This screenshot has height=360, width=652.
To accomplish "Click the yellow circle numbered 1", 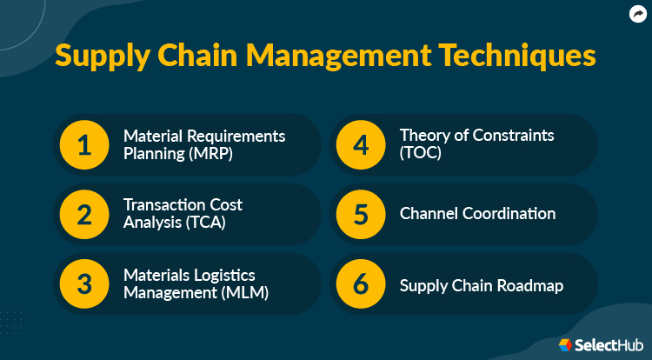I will tap(84, 144).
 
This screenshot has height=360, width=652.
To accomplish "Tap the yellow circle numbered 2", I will tap(84, 214).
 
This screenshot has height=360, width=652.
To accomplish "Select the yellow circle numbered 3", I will tap(84, 284).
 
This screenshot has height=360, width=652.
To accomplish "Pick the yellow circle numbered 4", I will tap(361, 144).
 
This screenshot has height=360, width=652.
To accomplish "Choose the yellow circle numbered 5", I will tap(361, 214).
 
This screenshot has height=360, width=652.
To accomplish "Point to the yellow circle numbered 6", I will tap(361, 284).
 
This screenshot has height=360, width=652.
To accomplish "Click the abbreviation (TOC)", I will tap(422, 153).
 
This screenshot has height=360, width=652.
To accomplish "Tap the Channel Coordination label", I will tap(477, 214).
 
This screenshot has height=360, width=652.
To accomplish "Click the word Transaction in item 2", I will tap(163, 205).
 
